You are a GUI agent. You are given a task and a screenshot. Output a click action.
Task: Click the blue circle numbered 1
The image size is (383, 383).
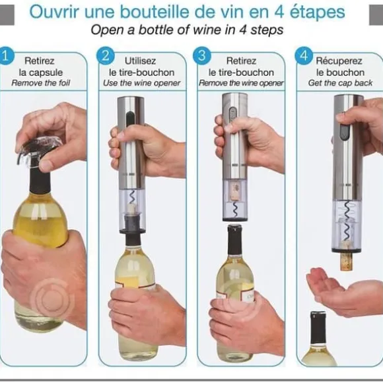click(x=5, y=56)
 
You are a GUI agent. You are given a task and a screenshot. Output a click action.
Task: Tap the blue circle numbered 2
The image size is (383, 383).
click(x=106, y=56)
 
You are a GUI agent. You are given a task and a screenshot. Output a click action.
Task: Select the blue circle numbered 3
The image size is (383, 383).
click(x=202, y=55)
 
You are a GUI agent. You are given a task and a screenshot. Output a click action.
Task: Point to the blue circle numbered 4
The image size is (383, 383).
click(x=304, y=56)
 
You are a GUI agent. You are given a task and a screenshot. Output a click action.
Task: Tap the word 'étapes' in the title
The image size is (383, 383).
click(x=317, y=12)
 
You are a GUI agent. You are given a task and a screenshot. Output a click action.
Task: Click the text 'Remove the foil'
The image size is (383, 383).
click(x=41, y=83)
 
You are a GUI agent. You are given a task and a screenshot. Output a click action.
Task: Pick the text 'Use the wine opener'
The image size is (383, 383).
click(x=142, y=83)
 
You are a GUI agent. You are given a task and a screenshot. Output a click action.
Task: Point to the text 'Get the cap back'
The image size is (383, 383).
click(x=340, y=83)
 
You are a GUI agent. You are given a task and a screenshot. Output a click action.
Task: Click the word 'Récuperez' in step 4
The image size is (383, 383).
click(x=339, y=61)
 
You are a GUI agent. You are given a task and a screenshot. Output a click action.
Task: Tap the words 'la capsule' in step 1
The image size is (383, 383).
click(x=41, y=73)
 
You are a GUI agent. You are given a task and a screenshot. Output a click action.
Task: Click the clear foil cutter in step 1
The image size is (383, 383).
click(x=40, y=152)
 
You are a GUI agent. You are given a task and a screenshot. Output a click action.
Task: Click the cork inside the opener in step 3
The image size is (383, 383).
click(x=236, y=191)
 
